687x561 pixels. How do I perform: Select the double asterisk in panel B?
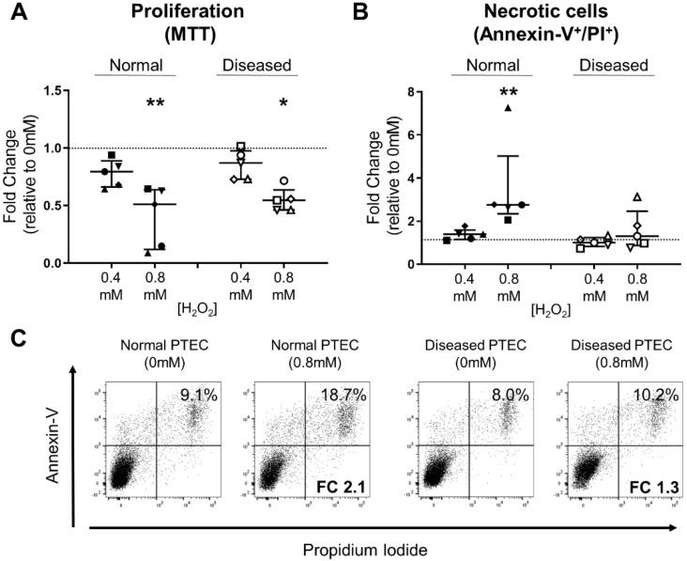click(x=508, y=94)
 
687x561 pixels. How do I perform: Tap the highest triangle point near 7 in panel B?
click(x=508, y=108)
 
